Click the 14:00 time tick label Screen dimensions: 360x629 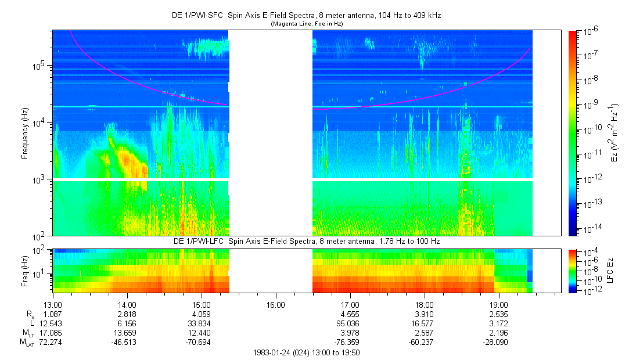[127, 304]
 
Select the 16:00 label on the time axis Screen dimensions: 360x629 [276, 304]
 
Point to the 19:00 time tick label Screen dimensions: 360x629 [499, 304]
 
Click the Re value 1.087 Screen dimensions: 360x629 [53, 314]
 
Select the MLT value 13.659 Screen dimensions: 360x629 [127, 332]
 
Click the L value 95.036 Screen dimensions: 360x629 [350, 323]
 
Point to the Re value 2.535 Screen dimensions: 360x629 [499, 314]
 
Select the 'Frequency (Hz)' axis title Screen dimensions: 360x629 [25, 133]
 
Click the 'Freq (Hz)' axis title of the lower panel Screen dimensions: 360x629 [25, 271]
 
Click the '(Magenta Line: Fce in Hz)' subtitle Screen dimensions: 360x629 [307, 24]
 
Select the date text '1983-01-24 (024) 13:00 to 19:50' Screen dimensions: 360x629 [307, 352]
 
